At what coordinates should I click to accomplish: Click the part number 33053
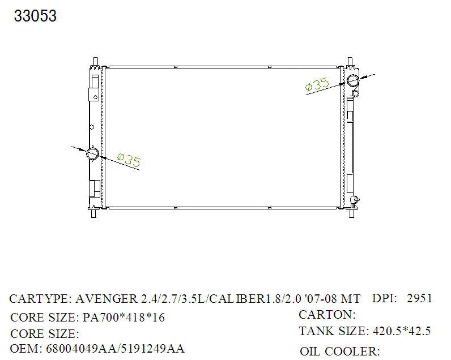[35, 16]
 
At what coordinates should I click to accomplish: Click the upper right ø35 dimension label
[317, 84]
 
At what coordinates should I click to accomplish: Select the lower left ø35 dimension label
[129, 160]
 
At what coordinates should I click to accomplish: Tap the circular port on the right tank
[353, 80]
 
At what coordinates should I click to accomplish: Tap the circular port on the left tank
[92, 153]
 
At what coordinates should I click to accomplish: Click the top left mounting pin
[96, 62]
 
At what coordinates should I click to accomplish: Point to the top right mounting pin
[350, 62]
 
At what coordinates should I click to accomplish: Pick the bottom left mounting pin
[93, 213]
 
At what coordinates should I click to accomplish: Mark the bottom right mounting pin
[351, 213]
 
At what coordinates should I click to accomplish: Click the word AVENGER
[107, 299]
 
